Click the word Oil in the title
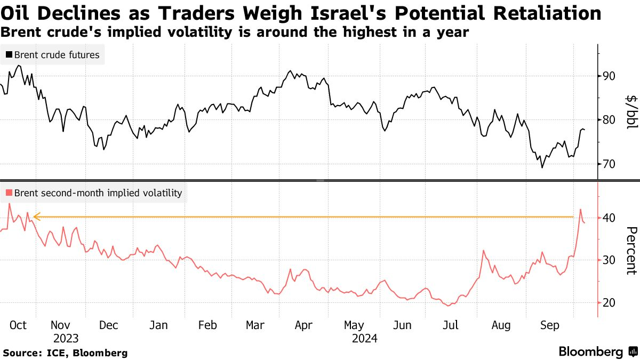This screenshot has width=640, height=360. pos(19,13)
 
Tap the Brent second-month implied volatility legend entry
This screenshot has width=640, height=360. pos(93,193)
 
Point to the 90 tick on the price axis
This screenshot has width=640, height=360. pos(609,76)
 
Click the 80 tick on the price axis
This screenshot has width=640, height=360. pos(609,120)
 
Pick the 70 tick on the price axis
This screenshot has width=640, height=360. pos(609,164)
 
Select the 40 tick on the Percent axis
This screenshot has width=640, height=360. pos(609,218)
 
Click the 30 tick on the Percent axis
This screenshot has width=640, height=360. pos(609,260)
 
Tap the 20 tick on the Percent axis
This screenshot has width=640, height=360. pos(609,303)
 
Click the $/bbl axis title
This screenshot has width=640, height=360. pos(631,112)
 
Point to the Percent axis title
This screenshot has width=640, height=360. pos(631,251)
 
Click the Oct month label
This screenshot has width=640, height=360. pos(18,325)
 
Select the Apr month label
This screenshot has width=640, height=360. pos(303,325)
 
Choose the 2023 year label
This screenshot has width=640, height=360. pos(66,338)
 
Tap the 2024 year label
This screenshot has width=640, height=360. pos(365,338)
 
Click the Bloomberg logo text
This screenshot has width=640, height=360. pos(590,352)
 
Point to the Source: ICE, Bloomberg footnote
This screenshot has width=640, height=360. pos(65,353)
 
